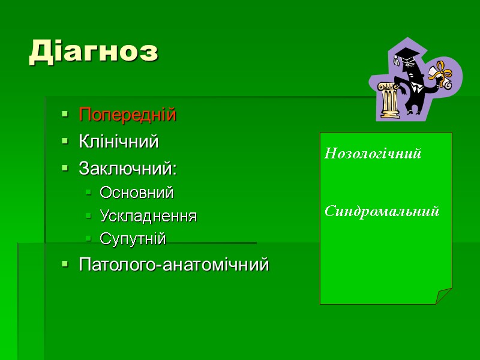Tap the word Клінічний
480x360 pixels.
coord(119,142)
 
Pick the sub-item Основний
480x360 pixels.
coord(137,193)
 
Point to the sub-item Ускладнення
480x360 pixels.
coord(148,216)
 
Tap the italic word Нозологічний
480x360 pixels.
coord(373,154)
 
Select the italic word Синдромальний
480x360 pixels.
coord(382,211)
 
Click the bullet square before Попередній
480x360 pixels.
coord(64,115)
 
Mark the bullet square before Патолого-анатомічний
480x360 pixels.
coord(64,265)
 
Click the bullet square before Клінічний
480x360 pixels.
coord(64,143)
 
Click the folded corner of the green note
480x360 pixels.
coord(444,296)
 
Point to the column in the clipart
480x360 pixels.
coord(389,99)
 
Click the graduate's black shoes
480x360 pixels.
coord(414,111)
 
